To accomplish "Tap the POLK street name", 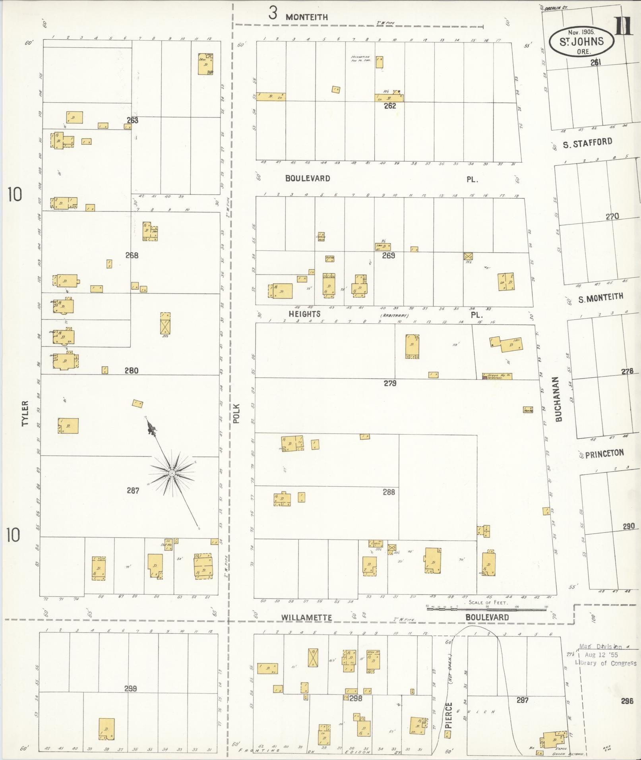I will [x=237, y=414].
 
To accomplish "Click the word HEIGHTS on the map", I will [x=304, y=314].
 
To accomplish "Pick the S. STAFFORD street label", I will [x=587, y=143].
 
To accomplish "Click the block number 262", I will [x=390, y=106].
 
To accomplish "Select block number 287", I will [x=133, y=491].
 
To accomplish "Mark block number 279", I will [x=390, y=383].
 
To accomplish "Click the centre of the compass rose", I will [x=172, y=473].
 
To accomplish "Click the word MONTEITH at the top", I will [x=307, y=17].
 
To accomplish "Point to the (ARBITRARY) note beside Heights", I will [x=395, y=315].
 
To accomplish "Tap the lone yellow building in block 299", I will [x=107, y=729].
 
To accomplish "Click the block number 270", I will [x=612, y=217].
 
